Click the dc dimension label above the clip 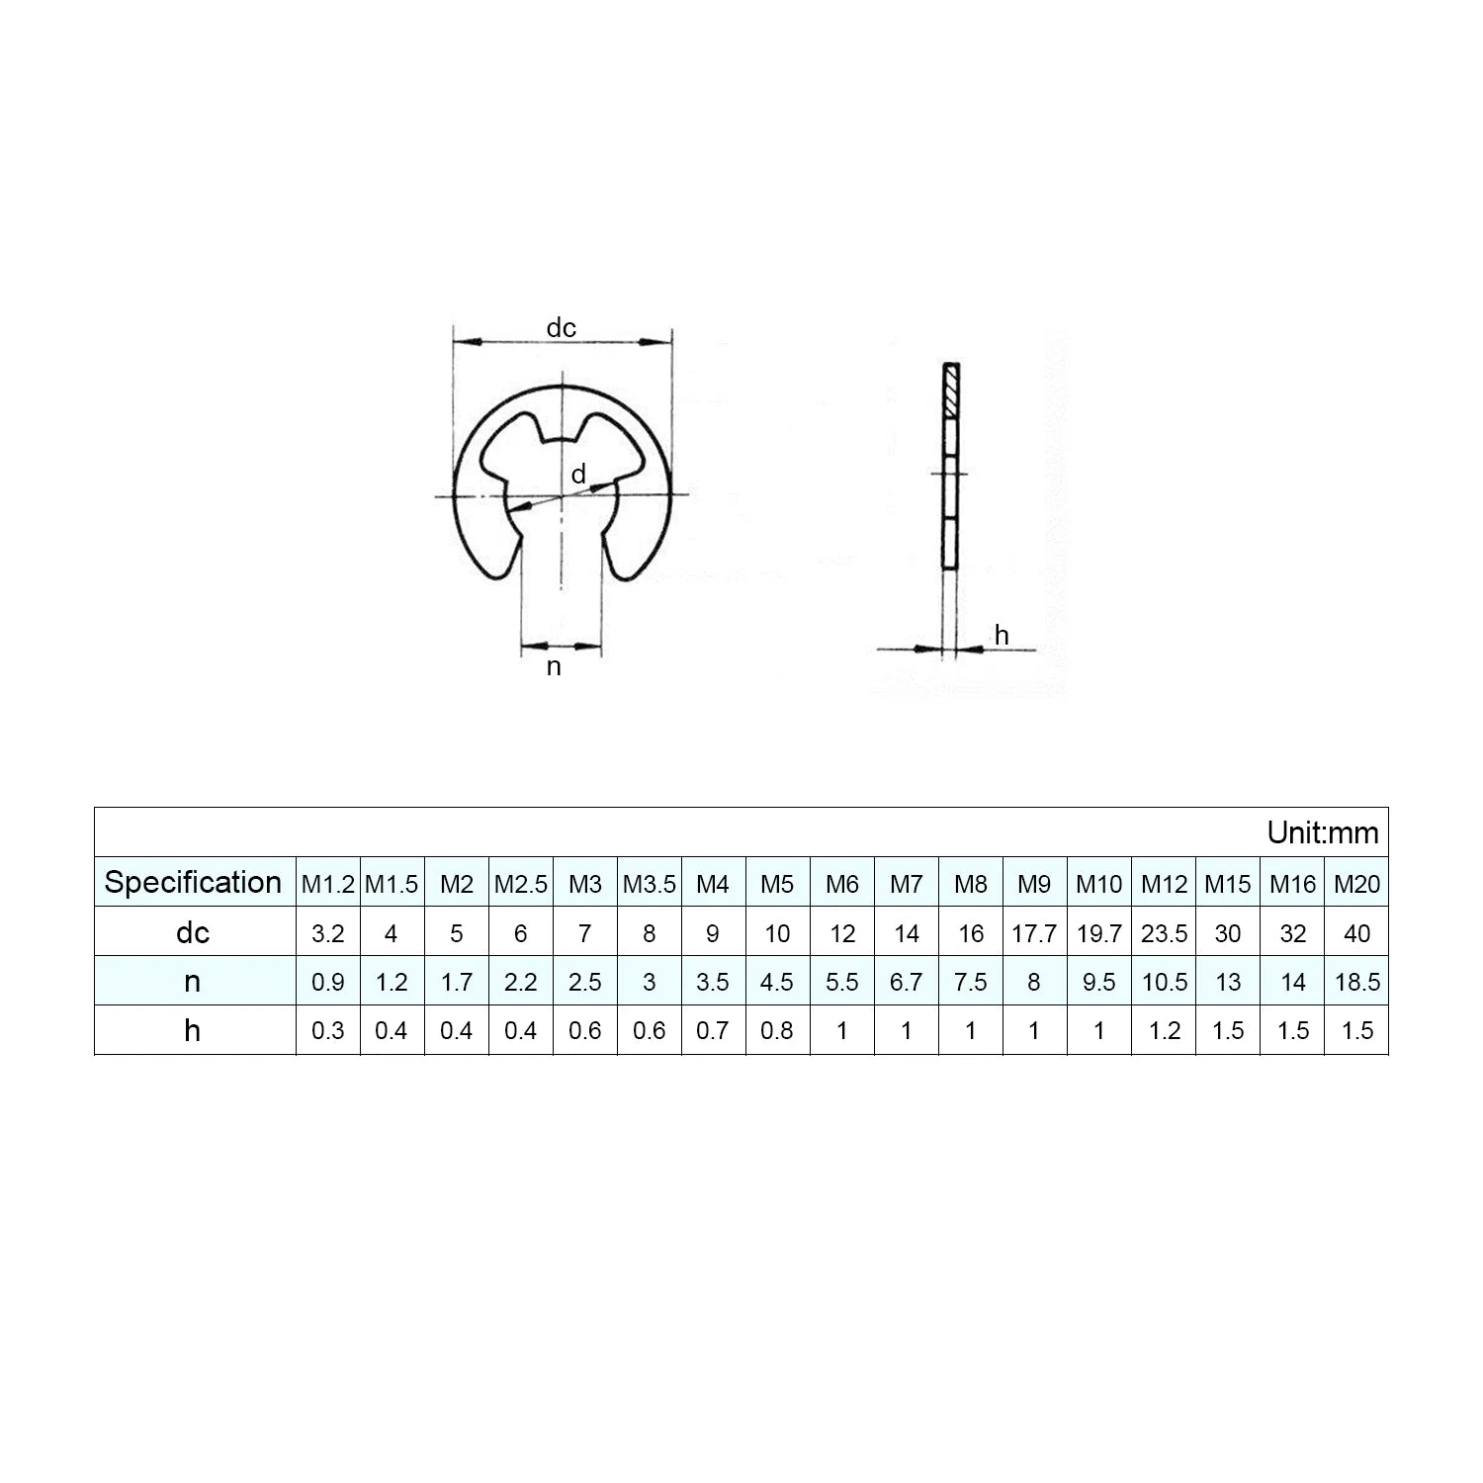click(562, 327)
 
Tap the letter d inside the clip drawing click(579, 475)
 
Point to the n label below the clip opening click(554, 667)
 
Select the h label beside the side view click(1002, 636)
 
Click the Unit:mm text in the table click(1323, 832)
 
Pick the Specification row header click(193, 882)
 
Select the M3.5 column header click(649, 884)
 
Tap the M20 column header click(1356, 884)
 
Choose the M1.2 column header click(327, 884)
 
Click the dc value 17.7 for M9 click(1034, 933)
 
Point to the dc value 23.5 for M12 click(1164, 933)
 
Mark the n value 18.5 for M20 click(1356, 983)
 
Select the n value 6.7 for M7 click(906, 983)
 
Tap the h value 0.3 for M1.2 click(327, 1031)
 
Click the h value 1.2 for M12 click(1164, 1031)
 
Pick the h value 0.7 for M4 click(712, 1031)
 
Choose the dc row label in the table click(193, 932)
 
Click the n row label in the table click(193, 982)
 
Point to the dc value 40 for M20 click(1356, 933)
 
